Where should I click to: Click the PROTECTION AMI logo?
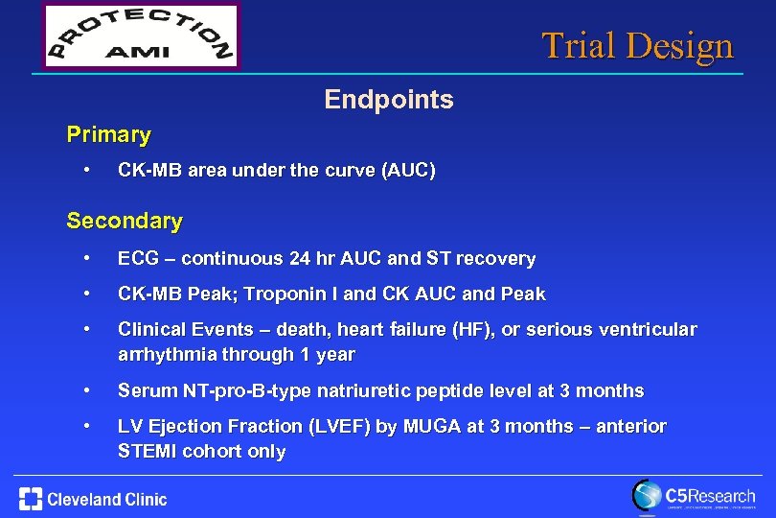(x=141, y=36)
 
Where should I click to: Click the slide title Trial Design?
(x=637, y=45)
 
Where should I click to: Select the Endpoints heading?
(x=388, y=99)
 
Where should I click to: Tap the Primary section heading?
(x=108, y=135)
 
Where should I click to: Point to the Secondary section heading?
(x=125, y=221)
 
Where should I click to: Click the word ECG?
(x=137, y=258)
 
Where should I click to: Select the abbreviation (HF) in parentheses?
(x=467, y=329)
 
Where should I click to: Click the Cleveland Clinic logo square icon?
(x=30, y=499)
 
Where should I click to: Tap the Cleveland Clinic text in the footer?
(x=106, y=499)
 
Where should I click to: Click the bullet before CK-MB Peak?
(x=87, y=294)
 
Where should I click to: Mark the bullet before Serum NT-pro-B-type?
(x=87, y=390)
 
